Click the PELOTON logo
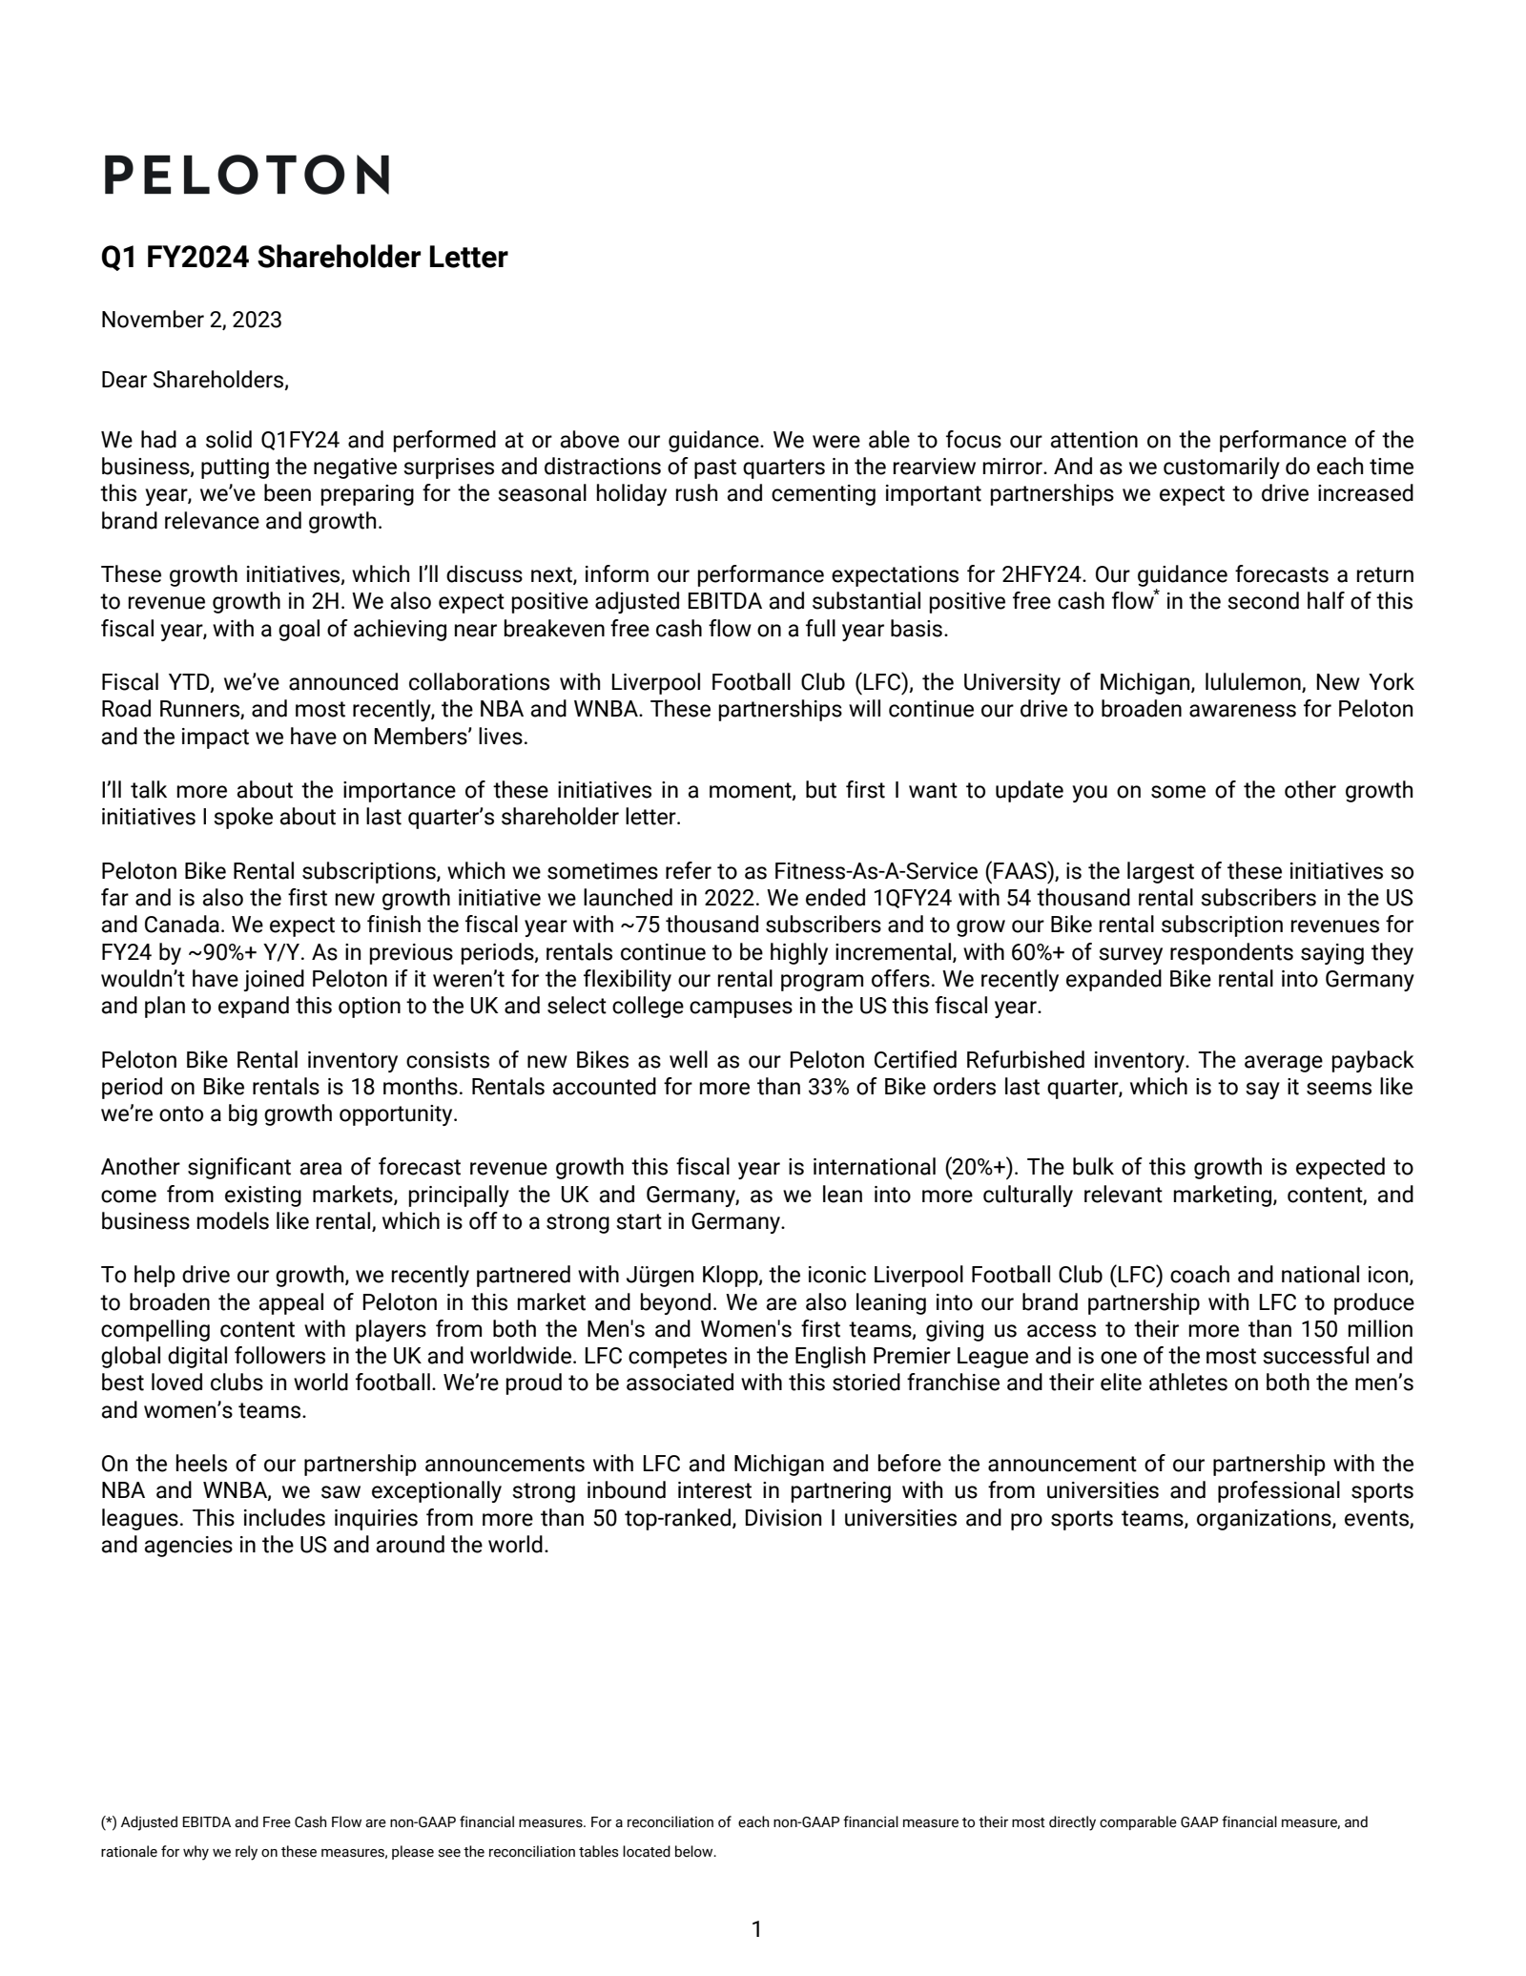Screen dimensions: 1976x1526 click(246, 175)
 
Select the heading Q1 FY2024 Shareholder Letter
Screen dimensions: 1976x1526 click(304, 258)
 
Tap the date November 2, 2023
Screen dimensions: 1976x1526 click(191, 320)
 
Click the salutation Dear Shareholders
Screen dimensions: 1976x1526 click(195, 380)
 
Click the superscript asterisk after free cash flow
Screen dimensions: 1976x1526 click(1157, 595)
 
